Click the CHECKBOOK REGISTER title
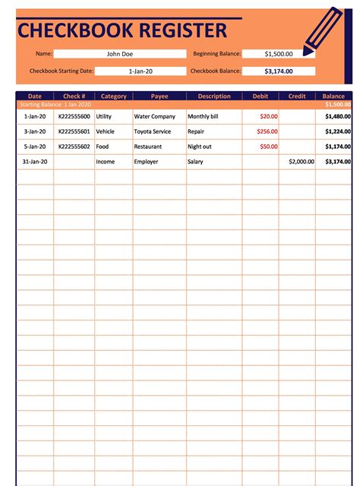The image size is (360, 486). click(x=122, y=30)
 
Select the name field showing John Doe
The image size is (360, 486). click(x=119, y=54)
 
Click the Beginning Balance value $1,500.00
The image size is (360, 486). click(x=278, y=54)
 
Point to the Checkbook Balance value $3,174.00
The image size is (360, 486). click(x=278, y=71)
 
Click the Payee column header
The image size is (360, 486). click(x=159, y=96)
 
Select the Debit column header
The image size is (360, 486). click(x=260, y=96)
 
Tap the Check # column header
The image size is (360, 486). click(x=74, y=96)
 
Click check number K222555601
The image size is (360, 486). click(x=74, y=131)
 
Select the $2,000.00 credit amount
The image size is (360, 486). click(x=302, y=162)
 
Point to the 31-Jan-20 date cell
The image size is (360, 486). click(x=35, y=162)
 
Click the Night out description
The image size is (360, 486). click(x=200, y=146)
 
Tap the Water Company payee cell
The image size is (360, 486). click(x=154, y=117)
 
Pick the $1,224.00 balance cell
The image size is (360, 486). click(x=337, y=131)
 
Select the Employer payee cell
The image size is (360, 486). click(x=147, y=162)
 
